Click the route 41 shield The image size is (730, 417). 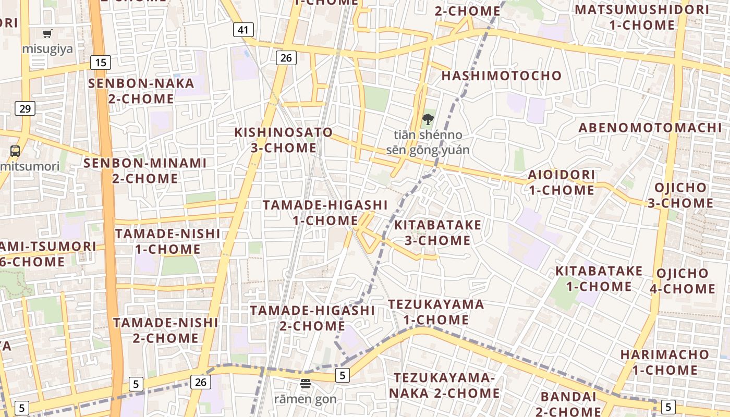tap(243, 30)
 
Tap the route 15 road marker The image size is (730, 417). tap(101, 63)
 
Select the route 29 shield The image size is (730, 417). tap(25, 108)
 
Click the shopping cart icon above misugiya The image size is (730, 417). tap(47, 34)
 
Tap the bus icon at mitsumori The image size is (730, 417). tap(15, 151)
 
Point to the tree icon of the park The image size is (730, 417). tap(428, 119)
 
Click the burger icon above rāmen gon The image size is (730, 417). tap(306, 384)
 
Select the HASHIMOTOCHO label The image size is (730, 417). tap(501, 76)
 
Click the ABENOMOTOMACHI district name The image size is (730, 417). tap(650, 128)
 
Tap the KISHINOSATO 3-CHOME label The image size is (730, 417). tap(283, 140)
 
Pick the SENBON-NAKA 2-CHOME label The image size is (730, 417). tap(141, 91)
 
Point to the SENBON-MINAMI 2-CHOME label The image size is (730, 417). tap(145, 170)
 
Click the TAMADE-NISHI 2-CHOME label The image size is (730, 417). tap(165, 330)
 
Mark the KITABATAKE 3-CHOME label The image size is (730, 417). tap(437, 232)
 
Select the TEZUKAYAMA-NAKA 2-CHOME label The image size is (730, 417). tap(444, 385)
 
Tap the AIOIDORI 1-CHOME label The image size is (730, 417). tap(561, 182)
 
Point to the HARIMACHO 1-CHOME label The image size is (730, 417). tap(665, 362)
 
